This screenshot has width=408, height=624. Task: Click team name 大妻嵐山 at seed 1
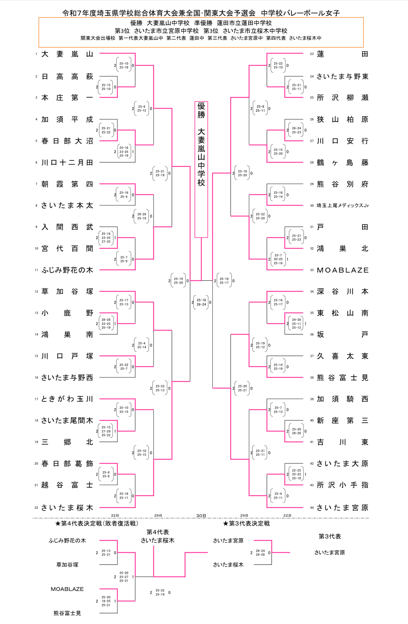[67, 54]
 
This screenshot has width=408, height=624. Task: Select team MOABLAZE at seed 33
[342, 270]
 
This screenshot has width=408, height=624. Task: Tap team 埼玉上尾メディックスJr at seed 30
[342, 205]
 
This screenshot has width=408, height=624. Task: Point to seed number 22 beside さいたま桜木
[36, 508]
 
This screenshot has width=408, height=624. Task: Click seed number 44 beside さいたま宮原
[312, 508]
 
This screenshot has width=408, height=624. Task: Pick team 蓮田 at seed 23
[342, 54]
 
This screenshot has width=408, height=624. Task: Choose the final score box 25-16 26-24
[201, 302]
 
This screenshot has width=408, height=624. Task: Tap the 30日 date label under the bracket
[201, 515]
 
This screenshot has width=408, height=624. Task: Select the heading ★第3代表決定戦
[246, 523]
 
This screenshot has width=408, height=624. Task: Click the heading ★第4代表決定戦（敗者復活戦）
[97, 523]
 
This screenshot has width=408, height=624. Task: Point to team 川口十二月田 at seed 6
[67, 163]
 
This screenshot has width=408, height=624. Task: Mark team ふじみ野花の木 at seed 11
[67, 270]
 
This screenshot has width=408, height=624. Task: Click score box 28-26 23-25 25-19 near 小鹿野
[106, 323]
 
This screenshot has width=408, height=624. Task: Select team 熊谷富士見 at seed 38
[342, 377]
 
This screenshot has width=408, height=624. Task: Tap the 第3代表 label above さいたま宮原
[330, 536]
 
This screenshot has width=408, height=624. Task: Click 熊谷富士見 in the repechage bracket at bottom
[67, 613]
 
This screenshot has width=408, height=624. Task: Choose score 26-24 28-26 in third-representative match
[260, 553]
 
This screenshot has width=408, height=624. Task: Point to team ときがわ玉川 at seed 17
[67, 399]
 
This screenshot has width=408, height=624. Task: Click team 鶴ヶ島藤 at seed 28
[342, 163]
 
